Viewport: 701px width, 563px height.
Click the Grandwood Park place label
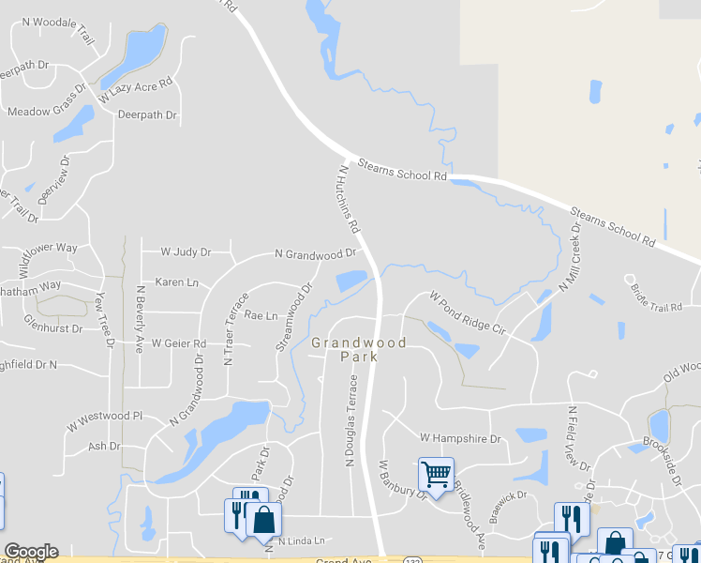[359, 350]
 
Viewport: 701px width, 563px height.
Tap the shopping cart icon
[436, 474]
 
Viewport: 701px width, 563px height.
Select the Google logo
[31, 552]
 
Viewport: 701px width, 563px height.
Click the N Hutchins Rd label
[348, 200]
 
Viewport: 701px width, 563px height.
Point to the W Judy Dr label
[186, 252]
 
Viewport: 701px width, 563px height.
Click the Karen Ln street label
[177, 281]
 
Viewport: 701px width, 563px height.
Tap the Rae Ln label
[261, 316]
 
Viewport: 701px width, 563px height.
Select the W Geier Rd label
[178, 344]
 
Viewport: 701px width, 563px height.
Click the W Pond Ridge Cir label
[467, 314]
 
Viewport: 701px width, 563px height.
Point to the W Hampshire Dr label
[460, 438]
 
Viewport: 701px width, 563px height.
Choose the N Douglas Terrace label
[352, 420]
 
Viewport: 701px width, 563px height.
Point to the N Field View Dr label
[577, 438]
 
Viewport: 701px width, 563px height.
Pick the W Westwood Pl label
[103, 415]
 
